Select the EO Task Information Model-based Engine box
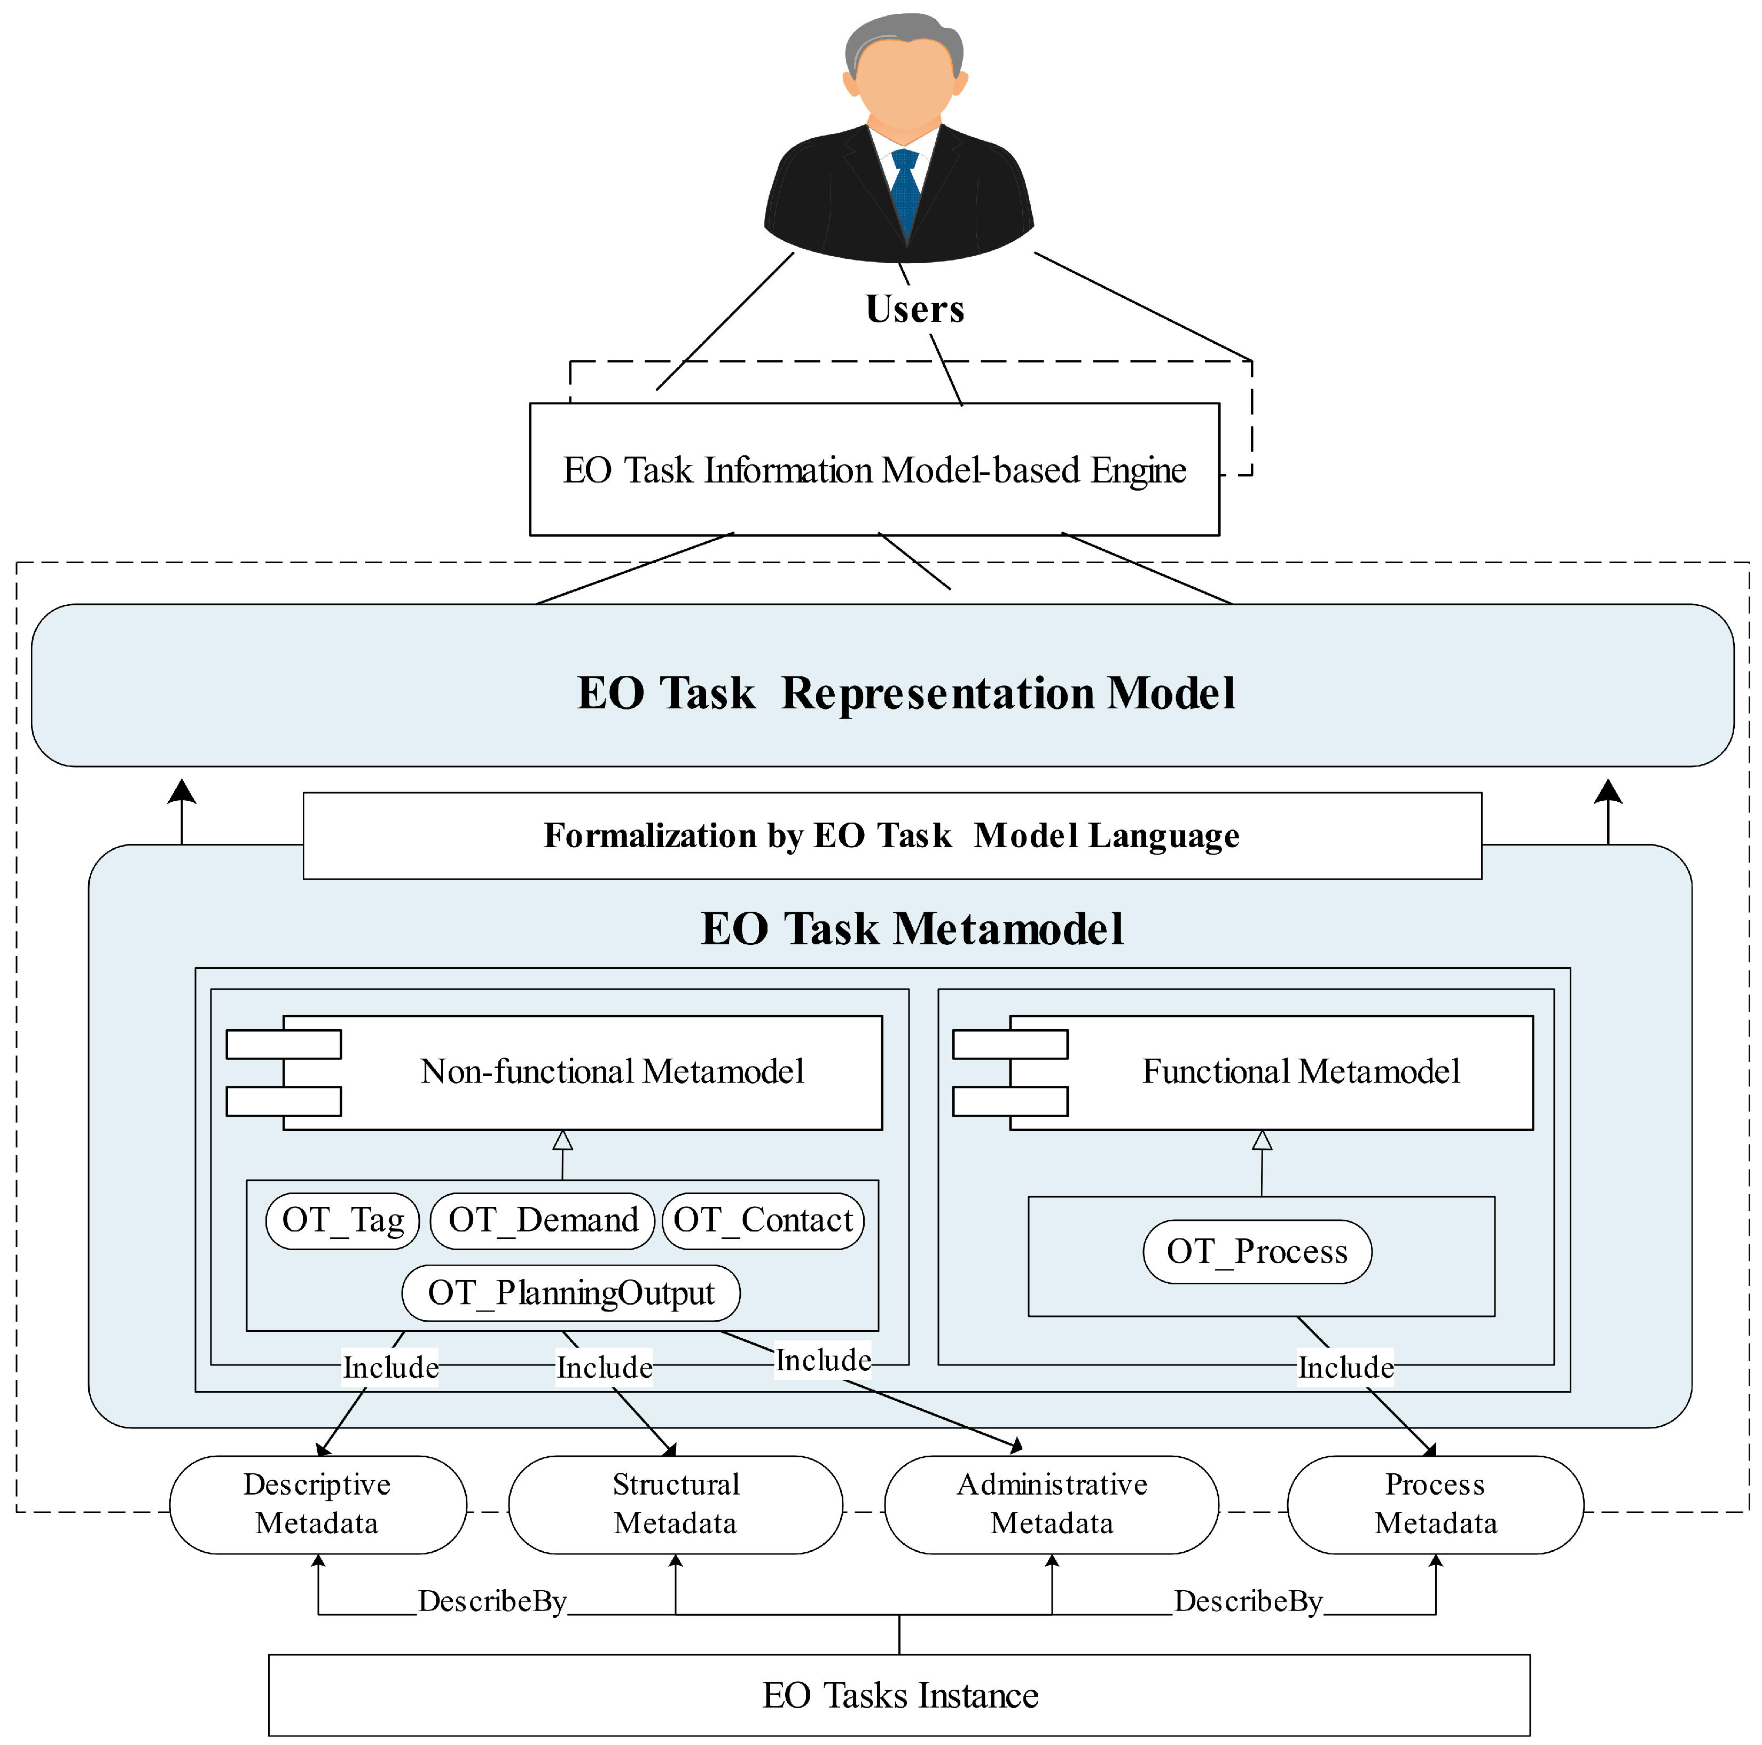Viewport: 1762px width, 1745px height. click(x=874, y=470)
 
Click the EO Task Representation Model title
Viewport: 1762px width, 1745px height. click(x=906, y=693)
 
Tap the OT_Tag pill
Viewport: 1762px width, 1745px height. click(x=342, y=1220)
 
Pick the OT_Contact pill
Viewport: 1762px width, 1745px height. click(x=763, y=1220)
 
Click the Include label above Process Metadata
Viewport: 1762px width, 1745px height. click(x=1345, y=1367)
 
